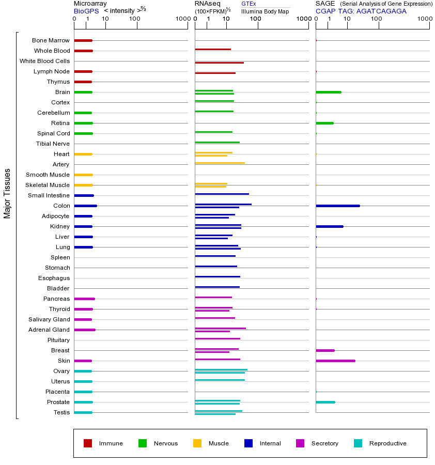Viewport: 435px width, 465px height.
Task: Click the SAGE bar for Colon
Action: (338, 206)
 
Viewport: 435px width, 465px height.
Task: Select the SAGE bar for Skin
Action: (335, 361)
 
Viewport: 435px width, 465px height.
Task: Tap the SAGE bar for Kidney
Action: (330, 226)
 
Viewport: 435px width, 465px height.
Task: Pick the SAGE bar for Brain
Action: (329, 92)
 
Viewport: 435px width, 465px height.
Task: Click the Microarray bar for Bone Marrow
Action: (83, 40)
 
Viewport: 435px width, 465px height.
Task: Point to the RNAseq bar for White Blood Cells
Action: (219, 63)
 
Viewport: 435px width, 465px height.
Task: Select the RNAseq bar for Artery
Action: (220, 163)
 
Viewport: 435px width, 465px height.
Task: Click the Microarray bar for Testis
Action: (83, 412)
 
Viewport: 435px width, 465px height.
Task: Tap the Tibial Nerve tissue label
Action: (53, 144)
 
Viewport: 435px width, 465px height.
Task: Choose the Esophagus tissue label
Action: (54, 278)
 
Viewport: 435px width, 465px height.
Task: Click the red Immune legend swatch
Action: (88, 443)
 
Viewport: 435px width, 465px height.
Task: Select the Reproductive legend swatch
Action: (358, 443)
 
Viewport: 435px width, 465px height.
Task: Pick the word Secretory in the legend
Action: (325, 443)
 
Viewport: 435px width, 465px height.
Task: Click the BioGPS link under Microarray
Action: (85, 11)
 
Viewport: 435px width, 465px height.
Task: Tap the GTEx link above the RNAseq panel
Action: (248, 4)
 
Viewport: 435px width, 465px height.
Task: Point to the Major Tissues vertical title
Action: (7, 193)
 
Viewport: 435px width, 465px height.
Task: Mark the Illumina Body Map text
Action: (265, 11)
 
